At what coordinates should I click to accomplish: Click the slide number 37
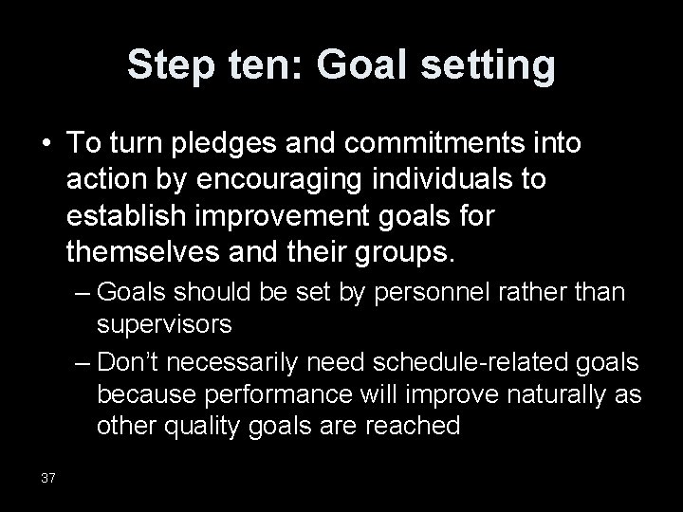pyautogui.click(x=47, y=477)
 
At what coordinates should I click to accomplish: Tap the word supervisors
pyautogui.click(x=163, y=325)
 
